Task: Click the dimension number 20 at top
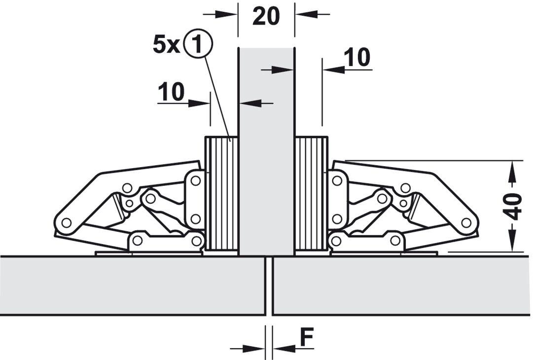(266, 16)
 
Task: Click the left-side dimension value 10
(171, 92)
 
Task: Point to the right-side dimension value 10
(356, 57)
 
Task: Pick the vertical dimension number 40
(512, 207)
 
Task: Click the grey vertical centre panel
(266, 151)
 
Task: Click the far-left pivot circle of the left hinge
(67, 223)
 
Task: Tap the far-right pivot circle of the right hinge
(466, 223)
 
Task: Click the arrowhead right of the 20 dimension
(306, 14)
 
